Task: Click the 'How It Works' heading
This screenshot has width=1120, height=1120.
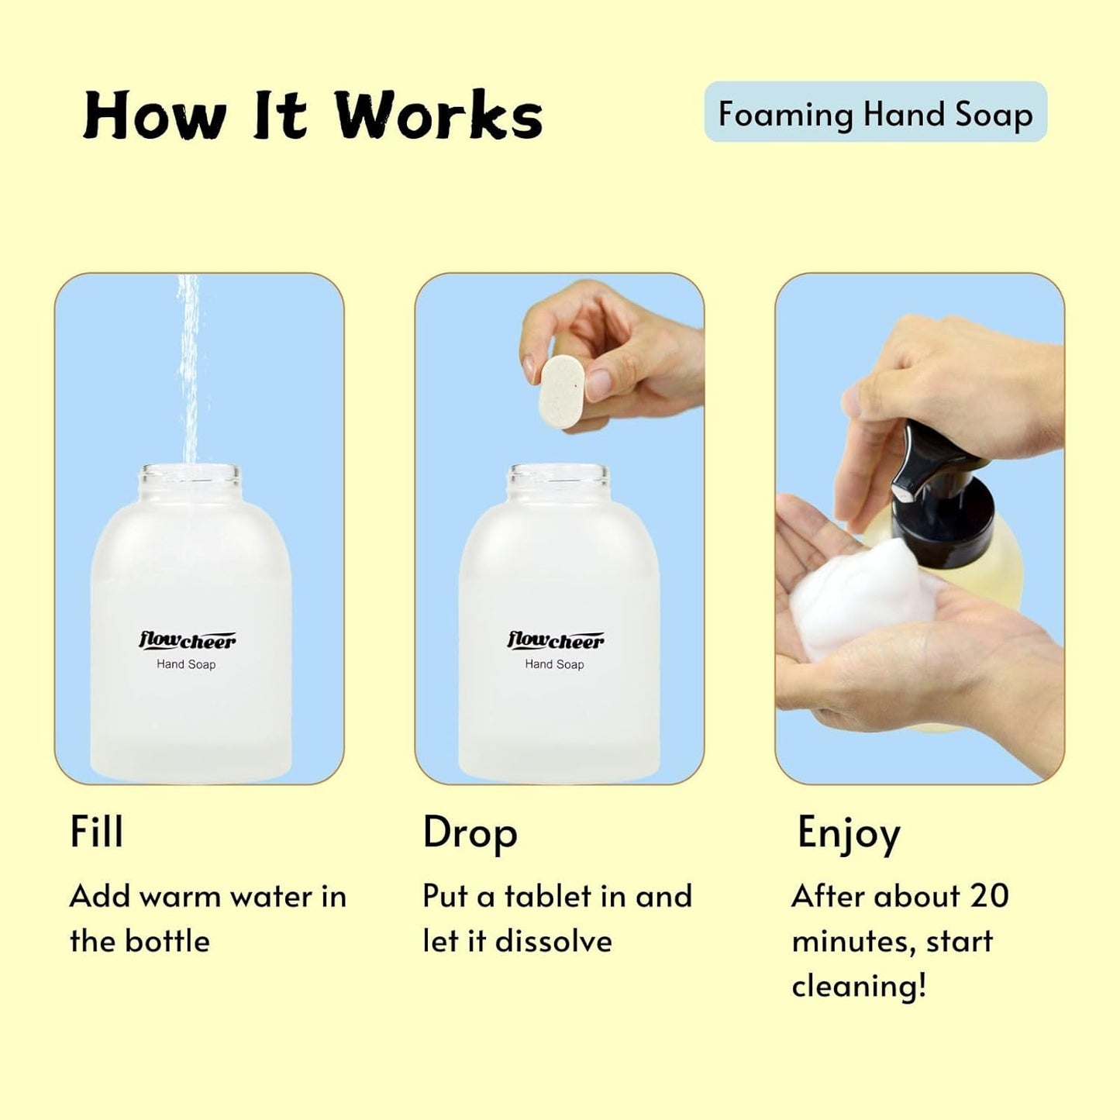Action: (x=312, y=115)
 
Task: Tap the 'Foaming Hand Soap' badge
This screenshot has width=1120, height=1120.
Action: (x=875, y=113)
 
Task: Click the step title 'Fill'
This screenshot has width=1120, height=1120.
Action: (x=97, y=832)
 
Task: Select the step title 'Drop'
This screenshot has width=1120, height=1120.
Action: (x=470, y=833)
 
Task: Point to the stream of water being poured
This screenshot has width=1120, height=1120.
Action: (x=188, y=372)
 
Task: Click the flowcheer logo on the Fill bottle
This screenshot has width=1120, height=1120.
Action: (x=187, y=640)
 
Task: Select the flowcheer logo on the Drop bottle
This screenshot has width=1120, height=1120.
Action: (x=555, y=640)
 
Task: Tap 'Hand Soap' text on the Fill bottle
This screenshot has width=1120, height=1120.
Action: (x=186, y=664)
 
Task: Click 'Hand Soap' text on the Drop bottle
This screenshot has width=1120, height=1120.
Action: (x=554, y=664)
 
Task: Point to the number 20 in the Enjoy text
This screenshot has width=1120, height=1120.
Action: (x=988, y=896)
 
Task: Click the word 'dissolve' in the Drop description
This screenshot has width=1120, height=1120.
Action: (x=553, y=941)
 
